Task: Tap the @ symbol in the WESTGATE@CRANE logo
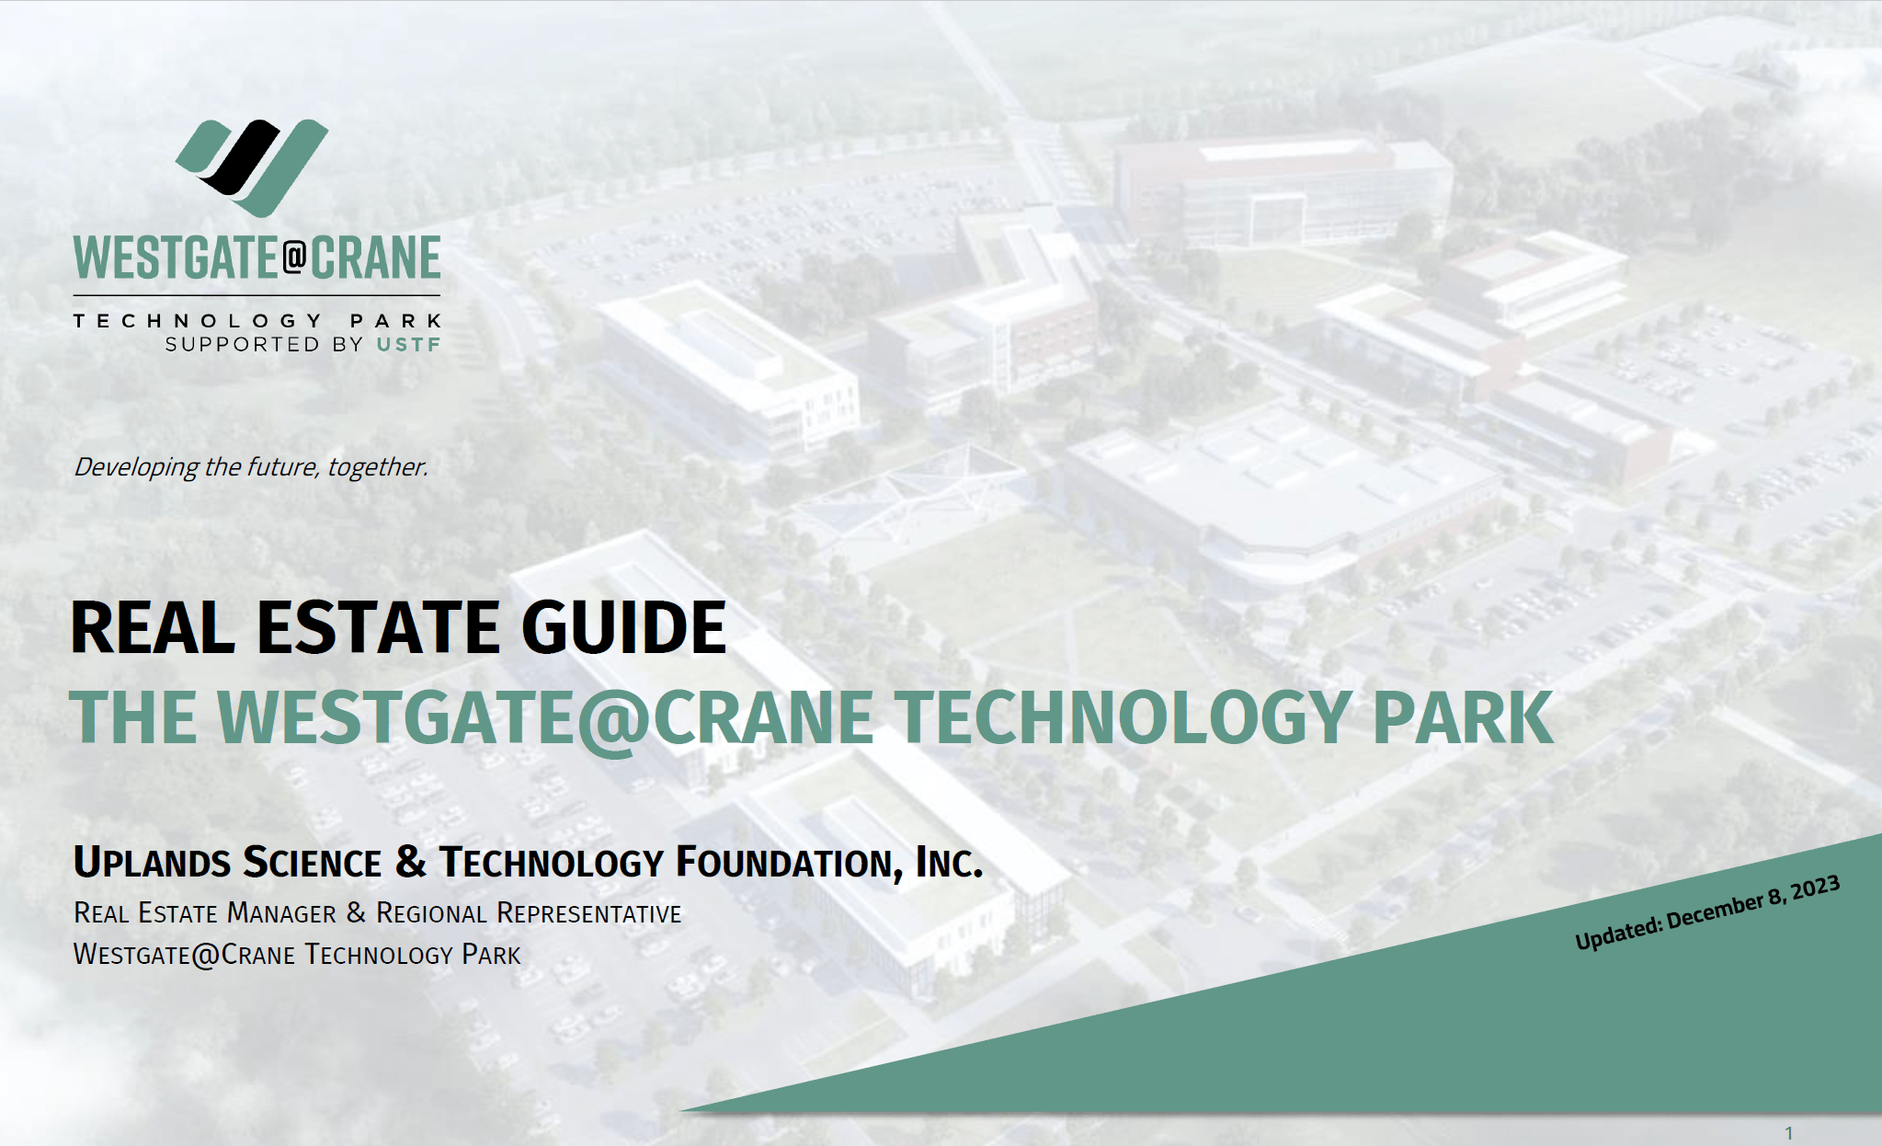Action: click(x=294, y=257)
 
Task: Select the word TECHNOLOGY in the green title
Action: click(x=1122, y=718)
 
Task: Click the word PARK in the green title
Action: click(x=1462, y=718)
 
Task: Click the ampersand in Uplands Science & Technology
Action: click(x=410, y=862)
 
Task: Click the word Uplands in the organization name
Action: click(x=152, y=863)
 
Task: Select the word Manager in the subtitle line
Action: click(x=281, y=913)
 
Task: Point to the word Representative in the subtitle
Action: click(x=588, y=913)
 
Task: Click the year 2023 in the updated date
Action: click(x=1814, y=888)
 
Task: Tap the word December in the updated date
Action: click(x=1714, y=911)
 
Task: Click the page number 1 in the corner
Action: click(x=1788, y=1133)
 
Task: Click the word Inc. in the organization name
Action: click(x=949, y=863)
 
